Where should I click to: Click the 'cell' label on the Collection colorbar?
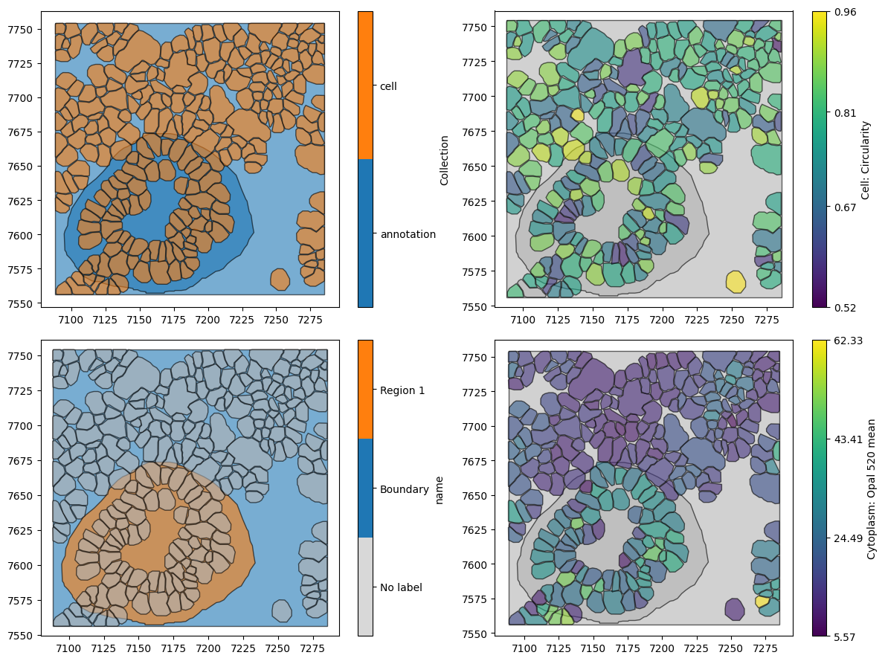point(388,86)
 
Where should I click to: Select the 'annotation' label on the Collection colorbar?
point(408,234)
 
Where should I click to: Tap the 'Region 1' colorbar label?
point(402,390)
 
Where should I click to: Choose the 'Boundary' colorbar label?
point(404,489)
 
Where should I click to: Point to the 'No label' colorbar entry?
point(401,587)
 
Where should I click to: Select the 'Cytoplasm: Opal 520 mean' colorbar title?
point(872,488)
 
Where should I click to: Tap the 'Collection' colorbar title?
point(445,160)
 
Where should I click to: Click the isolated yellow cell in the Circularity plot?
point(736,282)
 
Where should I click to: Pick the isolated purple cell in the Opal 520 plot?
point(734,609)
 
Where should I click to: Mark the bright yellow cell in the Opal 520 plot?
point(762,602)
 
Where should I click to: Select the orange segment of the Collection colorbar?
point(365,85)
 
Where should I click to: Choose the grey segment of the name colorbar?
point(365,586)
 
